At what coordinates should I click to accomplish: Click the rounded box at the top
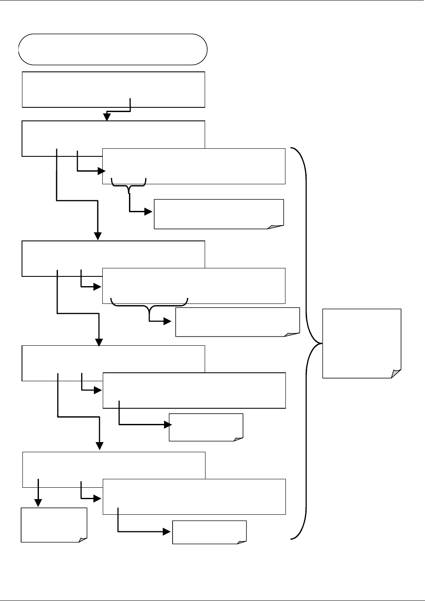click(112, 49)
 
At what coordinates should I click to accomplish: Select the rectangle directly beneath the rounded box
click(113, 89)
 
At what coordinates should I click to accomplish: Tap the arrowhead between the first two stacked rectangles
click(107, 117)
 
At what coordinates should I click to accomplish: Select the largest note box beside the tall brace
click(361, 343)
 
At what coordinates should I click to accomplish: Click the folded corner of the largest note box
click(396, 374)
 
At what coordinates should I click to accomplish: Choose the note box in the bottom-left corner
click(54, 525)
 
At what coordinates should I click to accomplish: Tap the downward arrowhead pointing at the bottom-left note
click(38, 503)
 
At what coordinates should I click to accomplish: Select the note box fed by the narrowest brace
click(219, 214)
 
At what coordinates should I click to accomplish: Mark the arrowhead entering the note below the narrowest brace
click(149, 212)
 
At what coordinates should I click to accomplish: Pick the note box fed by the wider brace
click(237, 322)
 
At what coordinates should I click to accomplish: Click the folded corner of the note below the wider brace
click(292, 334)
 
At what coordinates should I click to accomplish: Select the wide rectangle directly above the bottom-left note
click(114, 465)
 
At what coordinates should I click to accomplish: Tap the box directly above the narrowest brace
click(194, 166)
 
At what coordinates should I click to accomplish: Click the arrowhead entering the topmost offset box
click(101, 171)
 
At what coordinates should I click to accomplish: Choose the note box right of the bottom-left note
click(209, 532)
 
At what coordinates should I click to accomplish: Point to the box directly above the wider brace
click(194, 285)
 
